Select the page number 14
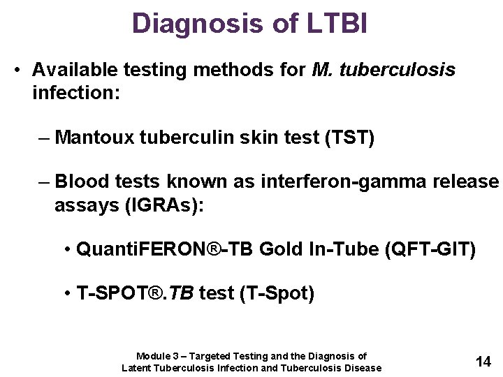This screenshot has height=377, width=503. click(483, 361)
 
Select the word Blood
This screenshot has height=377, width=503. click(78, 182)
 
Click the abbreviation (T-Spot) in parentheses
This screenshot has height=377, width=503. click(277, 293)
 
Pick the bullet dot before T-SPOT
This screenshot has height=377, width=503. click(66, 293)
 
